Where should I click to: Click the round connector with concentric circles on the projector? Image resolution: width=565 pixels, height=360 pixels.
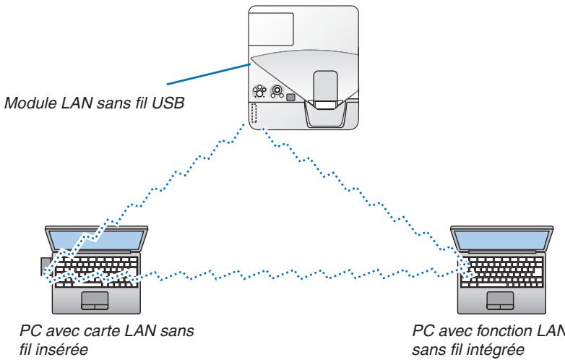tap(274, 93)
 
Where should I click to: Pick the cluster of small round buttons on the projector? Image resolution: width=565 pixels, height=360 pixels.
tap(258, 93)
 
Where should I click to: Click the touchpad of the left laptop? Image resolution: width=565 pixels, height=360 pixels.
tap(95, 300)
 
